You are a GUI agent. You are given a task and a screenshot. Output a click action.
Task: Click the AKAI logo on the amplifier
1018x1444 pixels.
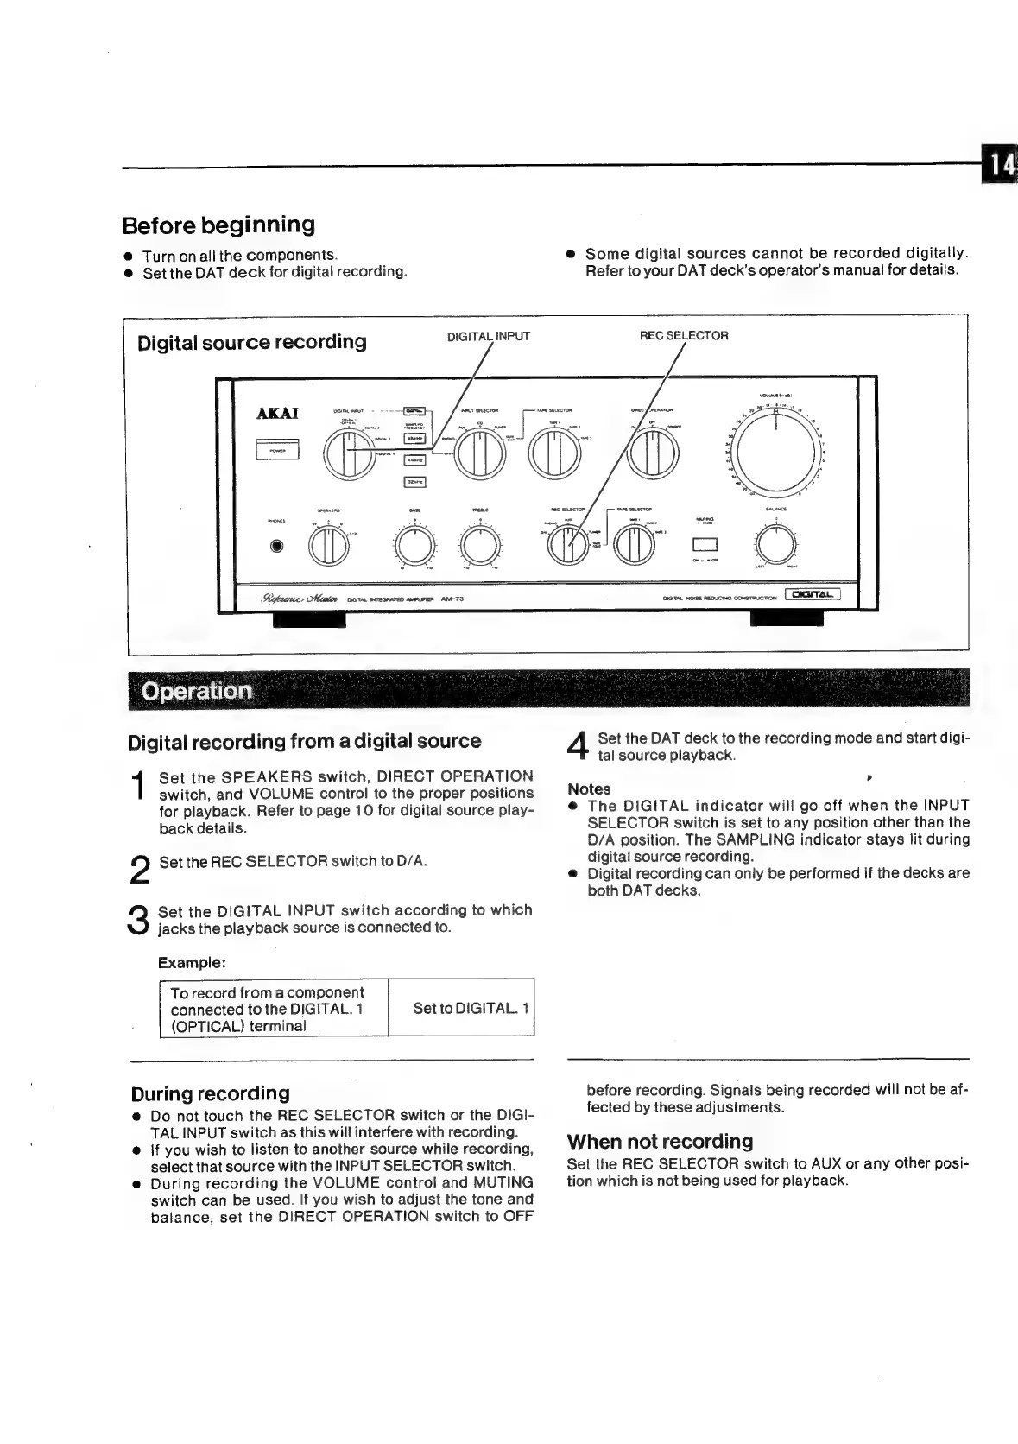[278, 414]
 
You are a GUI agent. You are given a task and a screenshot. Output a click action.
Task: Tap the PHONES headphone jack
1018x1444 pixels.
[276, 546]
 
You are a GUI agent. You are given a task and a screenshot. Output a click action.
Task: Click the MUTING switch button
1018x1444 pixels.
[705, 544]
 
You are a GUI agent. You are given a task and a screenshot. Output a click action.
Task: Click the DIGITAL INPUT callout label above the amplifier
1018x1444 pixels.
[488, 336]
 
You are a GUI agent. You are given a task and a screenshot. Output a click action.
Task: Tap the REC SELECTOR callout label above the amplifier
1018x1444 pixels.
[683, 335]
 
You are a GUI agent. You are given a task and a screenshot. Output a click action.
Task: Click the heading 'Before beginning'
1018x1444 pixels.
[218, 225]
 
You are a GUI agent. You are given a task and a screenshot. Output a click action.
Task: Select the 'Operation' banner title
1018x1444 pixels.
[197, 691]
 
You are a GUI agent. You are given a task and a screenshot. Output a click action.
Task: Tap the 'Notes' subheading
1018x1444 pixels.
[589, 788]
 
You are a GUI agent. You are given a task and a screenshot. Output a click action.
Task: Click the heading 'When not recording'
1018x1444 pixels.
[660, 1142]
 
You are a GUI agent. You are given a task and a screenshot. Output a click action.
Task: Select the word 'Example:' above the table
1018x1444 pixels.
[192, 962]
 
